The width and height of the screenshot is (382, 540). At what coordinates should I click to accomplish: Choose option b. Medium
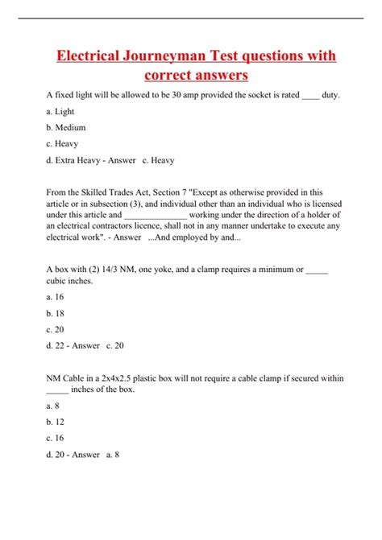point(66,127)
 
